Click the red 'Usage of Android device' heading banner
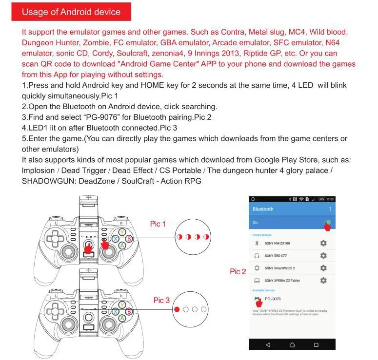click(71, 12)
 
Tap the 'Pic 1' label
click(158, 224)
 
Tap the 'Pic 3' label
click(161, 300)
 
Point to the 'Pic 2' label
click(238, 271)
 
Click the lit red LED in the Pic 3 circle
click(177, 309)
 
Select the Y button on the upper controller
click(121, 232)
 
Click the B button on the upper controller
click(129, 239)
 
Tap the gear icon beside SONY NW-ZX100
click(323, 243)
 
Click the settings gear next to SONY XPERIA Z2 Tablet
click(323, 281)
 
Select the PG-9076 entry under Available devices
click(273, 299)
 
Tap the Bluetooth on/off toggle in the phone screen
click(328, 223)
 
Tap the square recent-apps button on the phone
click(316, 345)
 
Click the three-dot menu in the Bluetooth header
click(330, 209)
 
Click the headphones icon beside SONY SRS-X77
click(257, 255)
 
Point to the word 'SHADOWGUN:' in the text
click(45, 181)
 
